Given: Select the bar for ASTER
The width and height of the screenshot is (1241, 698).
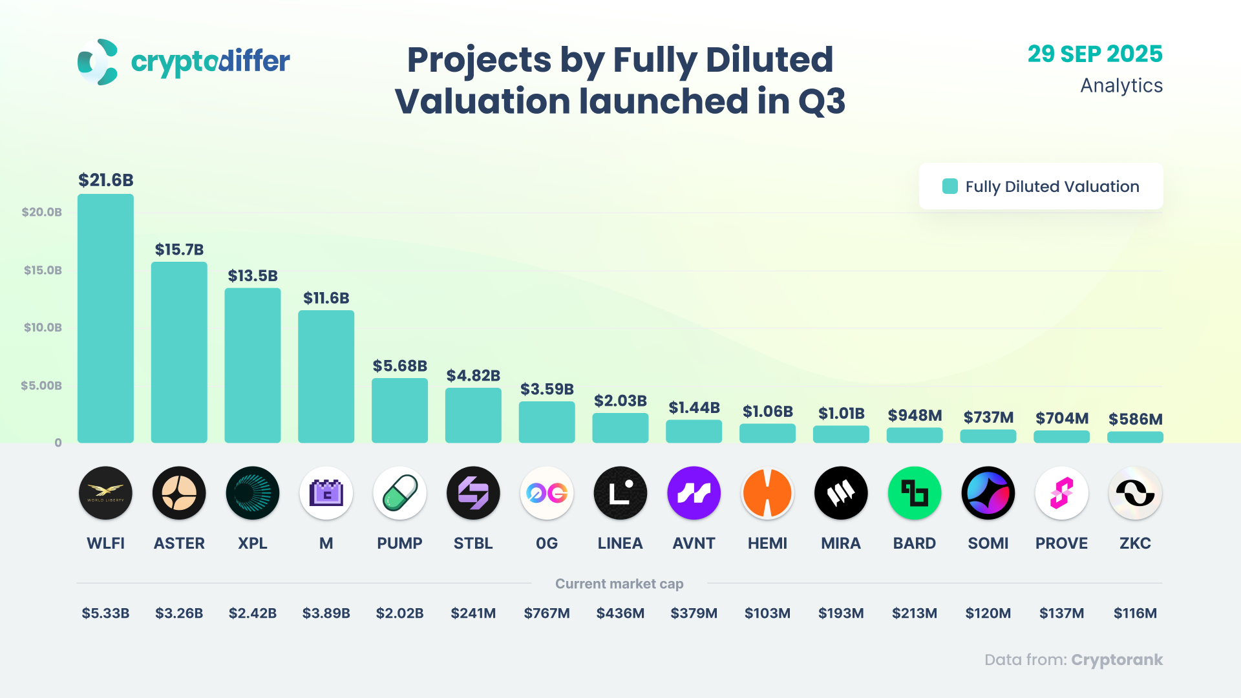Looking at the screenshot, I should click(179, 352).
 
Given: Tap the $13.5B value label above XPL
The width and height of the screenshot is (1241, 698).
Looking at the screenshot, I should click(253, 276).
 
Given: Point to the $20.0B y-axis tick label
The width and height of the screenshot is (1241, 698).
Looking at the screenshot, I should click(42, 212).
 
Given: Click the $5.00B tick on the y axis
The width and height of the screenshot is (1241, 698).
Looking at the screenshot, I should click(41, 386).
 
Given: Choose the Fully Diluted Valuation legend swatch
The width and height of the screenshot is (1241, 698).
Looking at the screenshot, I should click(950, 187).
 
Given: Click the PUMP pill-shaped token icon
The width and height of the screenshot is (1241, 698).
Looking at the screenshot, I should click(399, 493).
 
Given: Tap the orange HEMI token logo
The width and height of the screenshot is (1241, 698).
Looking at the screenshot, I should click(767, 493).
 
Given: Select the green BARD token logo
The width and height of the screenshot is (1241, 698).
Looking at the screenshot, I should click(915, 493).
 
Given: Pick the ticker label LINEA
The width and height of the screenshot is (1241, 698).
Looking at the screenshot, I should click(620, 544).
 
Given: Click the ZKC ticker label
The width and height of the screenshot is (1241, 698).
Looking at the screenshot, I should click(1135, 544).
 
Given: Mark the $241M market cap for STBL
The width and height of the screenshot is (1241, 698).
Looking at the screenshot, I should click(473, 613).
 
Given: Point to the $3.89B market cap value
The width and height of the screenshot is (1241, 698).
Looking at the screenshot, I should click(326, 613).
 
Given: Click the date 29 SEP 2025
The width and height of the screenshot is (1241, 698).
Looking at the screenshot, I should click(1095, 54).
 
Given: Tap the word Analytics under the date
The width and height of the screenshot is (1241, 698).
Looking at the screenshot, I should click(1121, 86).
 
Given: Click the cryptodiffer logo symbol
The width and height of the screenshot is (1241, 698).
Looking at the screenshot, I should click(98, 62).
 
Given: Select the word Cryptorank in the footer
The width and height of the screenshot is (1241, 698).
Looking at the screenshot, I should click(1117, 660).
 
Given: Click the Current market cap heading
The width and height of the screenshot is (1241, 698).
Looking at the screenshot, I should click(619, 584).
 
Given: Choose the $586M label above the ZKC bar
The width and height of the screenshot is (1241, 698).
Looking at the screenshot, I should click(1135, 419).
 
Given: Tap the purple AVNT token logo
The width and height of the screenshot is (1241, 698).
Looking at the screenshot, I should click(694, 493).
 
